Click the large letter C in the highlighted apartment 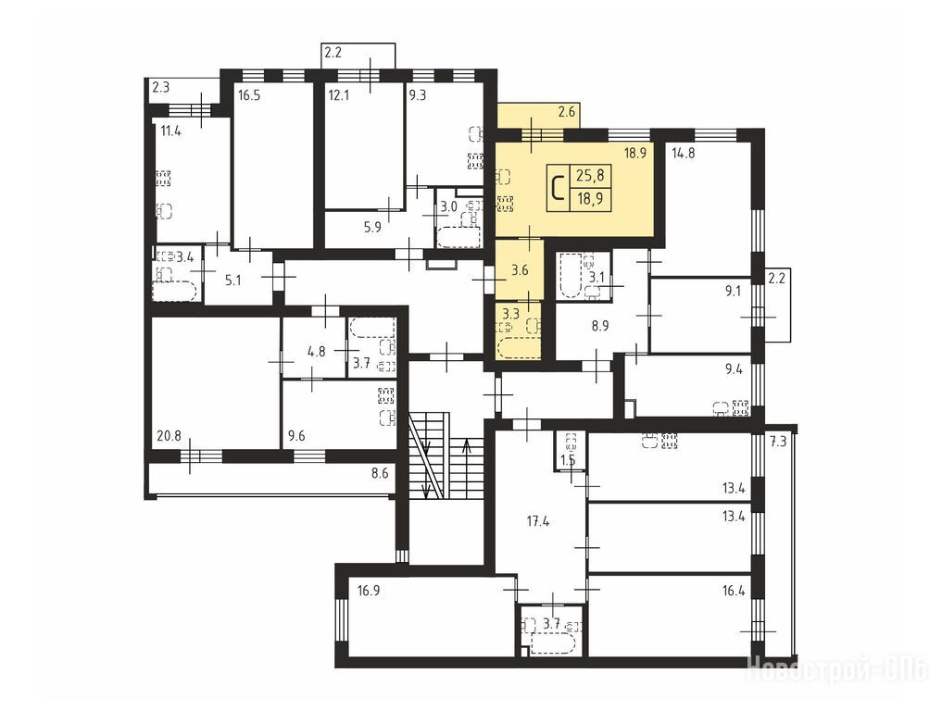(x=559, y=187)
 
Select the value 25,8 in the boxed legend (x=590, y=176)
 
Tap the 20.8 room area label (x=169, y=437)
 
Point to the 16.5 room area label (x=249, y=94)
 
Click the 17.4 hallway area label (x=538, y=521)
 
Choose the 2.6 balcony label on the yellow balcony (x=567, y=111)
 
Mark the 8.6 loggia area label (x=380, y=473)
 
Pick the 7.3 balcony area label (x=778, y=442)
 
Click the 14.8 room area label (x=683, y=153)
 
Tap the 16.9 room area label (x=369, y=591)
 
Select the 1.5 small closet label (x=568, y=461)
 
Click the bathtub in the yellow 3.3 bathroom (x=519, y=348)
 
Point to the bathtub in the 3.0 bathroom (x=459, y=237)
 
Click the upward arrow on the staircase (x=467, y=468)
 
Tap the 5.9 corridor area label (x=373, y=228)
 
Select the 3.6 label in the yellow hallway (x=520, y=270)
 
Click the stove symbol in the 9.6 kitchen (x=385, y=395)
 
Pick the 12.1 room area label (x=338, y=94)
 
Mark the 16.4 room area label (x=734, y=591)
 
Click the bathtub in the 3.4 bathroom (x=175, y=292)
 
